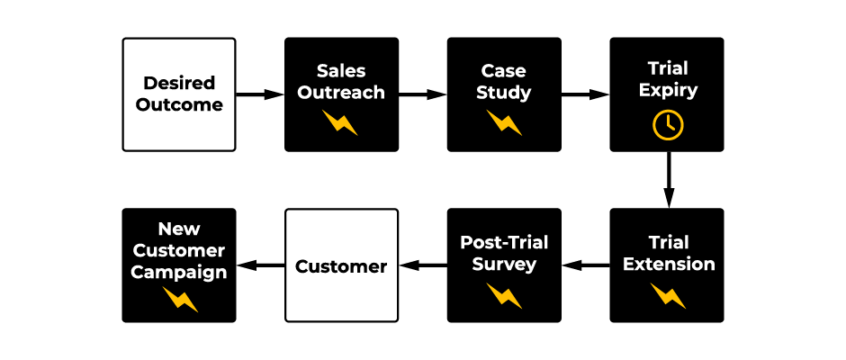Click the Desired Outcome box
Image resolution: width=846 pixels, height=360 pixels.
(178, 94)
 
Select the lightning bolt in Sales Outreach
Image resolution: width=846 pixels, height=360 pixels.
(341, 121)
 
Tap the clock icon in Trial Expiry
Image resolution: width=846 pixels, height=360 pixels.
(668, 125)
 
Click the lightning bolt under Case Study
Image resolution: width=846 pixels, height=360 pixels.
(504, 121)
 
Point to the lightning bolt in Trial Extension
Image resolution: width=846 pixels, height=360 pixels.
(668, 294)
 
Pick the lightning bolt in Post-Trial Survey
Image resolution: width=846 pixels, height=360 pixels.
(504, 294)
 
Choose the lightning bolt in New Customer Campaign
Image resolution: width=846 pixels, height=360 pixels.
(179, 299)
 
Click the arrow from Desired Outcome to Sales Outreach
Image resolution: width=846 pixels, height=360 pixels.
(260, 94)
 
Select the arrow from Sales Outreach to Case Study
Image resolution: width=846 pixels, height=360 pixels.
(423, 94)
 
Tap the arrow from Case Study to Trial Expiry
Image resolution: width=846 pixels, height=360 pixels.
(586, 94)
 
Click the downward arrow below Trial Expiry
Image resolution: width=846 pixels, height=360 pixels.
(668, 179)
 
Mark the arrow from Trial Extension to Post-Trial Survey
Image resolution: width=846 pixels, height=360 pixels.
(586, 265)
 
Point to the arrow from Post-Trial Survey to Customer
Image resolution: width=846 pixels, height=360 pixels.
(423, 265)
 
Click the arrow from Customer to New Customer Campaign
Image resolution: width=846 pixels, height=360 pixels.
(260, 265)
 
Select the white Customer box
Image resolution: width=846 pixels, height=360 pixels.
(341, 265)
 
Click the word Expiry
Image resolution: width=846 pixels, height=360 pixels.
(668, 91)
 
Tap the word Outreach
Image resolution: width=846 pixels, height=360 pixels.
(341, 92)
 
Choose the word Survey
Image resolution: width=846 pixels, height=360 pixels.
(504, 265)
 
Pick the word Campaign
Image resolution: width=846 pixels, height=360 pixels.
(179, 272)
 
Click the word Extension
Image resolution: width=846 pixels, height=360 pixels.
(669, 265)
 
